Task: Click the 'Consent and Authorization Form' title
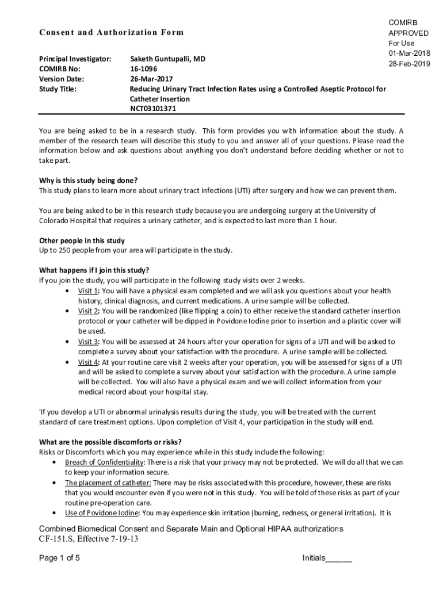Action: (111, 32)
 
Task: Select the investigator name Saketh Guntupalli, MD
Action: (167, 59)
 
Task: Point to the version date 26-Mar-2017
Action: (151, 79)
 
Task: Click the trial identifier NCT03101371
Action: (153, 109)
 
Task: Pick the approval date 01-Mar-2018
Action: (409, 53)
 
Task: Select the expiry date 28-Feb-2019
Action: (409, 63)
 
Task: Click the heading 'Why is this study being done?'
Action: (88, 180)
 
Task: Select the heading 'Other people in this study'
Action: (82, 240)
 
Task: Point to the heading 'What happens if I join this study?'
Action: (94, 270)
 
